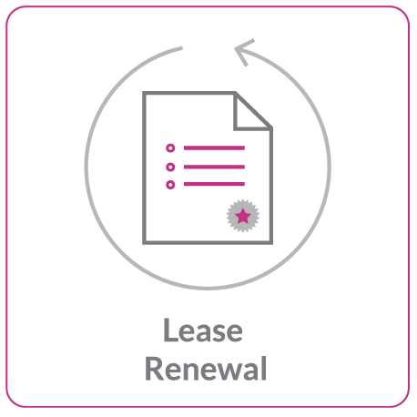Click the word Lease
203,331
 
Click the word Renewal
206,369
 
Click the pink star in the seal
243,216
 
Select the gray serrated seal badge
243,216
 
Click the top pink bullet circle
170,148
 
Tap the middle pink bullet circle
170,167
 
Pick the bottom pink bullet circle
170,185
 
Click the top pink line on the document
214,148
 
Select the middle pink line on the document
214,167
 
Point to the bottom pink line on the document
214,184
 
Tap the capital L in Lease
170,330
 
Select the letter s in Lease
217,333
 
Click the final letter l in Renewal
264,368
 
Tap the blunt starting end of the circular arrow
181,48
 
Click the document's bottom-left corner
144,242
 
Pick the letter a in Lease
201,333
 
